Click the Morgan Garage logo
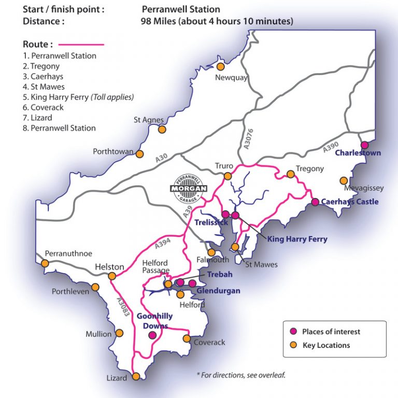(189, 187)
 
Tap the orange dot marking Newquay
(221, 66)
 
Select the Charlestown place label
(358, 153)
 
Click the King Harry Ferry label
(297, 239)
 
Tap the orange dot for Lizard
(136, 377)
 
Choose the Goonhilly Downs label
(154, 321)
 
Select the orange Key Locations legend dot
(293, 345)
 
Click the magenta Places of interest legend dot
(293, 332)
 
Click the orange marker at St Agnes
(162, 130)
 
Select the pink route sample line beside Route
(81, 45)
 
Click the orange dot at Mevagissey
(343, 180)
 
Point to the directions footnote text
(241, 375)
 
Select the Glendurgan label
(219, 291)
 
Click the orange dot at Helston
(111, 277)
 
